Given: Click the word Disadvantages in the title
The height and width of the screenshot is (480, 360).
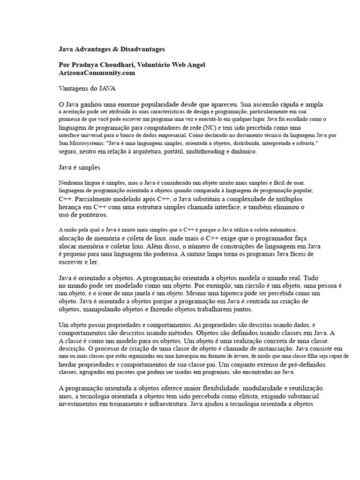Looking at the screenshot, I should point(142,49).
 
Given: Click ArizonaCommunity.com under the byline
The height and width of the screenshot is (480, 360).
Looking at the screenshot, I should point(97,73).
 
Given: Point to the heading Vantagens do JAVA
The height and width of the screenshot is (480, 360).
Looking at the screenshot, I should point(87,88).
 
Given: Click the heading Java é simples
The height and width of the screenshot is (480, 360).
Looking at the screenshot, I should point(79,166).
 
